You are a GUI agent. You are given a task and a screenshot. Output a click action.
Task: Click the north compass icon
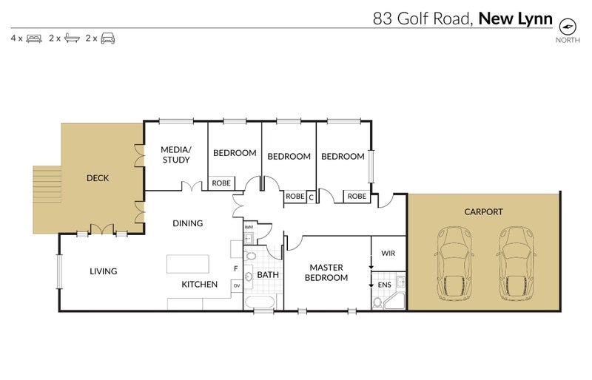(568, 25)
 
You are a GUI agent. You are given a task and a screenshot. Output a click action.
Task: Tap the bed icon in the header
(33, 38)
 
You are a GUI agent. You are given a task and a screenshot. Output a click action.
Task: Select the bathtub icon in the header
(71, 38)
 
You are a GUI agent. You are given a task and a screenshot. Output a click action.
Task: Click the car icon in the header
(108, 38)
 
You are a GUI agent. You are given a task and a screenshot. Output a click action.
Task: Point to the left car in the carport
(454, 263)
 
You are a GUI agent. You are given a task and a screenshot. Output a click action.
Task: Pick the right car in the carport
(516, 263)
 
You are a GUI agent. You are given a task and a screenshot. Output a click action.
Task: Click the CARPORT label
(483, 212)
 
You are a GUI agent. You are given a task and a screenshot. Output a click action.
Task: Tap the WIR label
(388, 254)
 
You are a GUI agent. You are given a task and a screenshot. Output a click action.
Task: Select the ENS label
(384, 283)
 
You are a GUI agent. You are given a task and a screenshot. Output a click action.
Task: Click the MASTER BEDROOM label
(329, 273)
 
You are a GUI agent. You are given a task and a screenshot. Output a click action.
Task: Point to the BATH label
(268, 275)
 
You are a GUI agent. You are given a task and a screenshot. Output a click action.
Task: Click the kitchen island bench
(188, 265)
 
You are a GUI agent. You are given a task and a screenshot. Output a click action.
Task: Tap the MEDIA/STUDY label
(175, 154)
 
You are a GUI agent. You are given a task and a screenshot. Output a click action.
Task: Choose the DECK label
(98, 178)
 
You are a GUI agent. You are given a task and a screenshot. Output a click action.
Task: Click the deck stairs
(46, 197)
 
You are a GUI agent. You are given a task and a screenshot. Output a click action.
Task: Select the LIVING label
(103, 271)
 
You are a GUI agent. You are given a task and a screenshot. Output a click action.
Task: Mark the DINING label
(188, 223)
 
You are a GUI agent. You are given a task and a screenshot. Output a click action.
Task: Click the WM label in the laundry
(249, 227)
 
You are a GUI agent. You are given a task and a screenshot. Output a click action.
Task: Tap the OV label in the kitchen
(237, 285)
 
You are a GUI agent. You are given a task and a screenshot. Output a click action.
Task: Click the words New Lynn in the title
(516, 18)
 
